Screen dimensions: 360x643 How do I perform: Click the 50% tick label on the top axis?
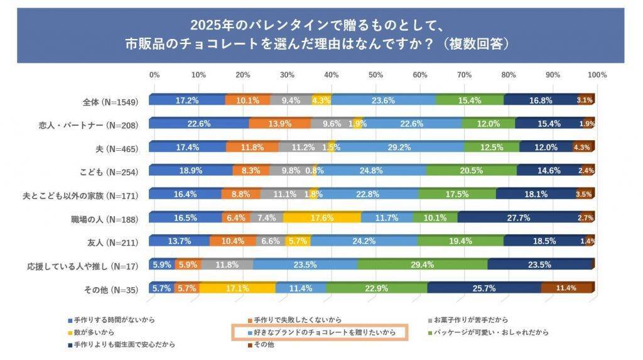(376, 75)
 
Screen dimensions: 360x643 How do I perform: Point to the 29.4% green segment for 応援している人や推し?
(422, 265)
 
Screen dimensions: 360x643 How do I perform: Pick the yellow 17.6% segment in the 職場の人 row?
(321, 217)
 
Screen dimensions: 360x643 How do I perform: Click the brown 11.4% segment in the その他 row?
(567, 288)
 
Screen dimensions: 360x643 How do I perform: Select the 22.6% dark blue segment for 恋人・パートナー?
(198, 124)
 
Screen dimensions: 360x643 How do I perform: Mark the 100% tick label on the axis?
(597, 75)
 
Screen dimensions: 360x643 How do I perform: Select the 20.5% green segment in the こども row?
(471, 171)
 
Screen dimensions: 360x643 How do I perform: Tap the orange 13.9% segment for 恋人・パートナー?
(279, 124)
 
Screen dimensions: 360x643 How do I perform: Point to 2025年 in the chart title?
(210, 26)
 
